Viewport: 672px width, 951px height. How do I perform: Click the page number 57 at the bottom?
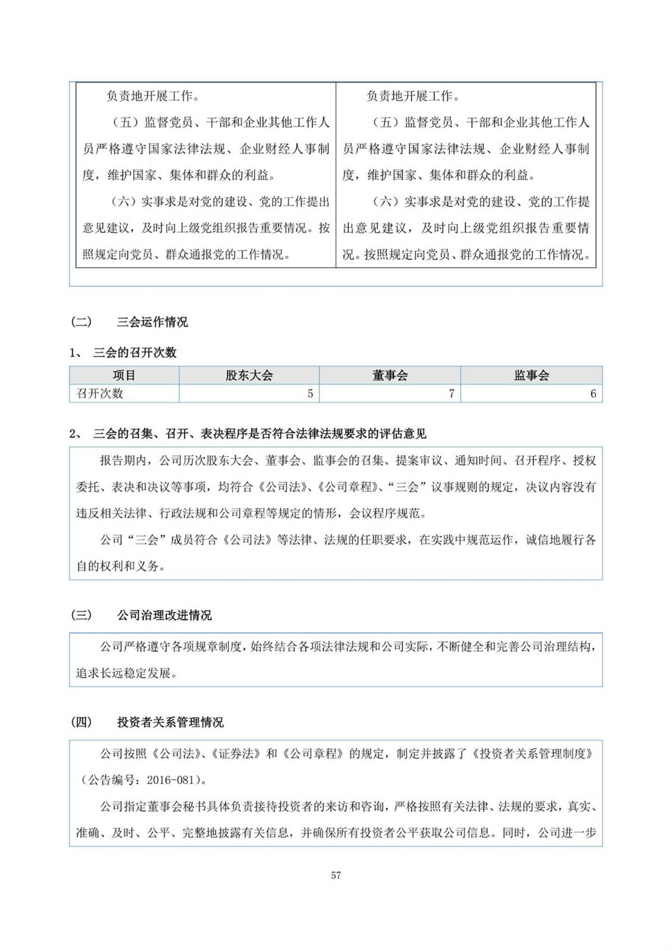[x=336, y=875]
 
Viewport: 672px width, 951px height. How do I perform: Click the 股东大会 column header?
[x=249, y=375]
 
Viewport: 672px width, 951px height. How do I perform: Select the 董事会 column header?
[x=390, y=375]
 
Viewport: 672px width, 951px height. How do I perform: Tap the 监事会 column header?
[x=531, y=375]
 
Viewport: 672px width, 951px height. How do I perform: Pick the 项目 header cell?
[x=124, y=375]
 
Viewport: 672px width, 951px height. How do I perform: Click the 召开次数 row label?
[x=100, y=393]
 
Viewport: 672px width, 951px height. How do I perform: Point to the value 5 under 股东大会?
[x=310, y=393]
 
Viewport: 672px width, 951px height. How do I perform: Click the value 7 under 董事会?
[x=451, y=393]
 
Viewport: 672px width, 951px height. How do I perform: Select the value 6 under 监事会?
[x=593, y=393]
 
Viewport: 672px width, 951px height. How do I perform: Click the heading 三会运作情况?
[x=152, y=322]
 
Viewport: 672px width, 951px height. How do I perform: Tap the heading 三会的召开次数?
[x=135, y=352]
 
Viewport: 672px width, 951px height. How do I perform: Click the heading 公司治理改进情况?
[x=165, y=615]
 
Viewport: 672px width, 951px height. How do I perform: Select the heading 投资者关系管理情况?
[x=170, y=722]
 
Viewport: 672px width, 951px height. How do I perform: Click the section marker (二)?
[x=81, y=322]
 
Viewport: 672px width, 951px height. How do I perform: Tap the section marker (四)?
[x=81, y=722]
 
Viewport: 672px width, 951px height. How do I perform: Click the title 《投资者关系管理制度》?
[x=532, y=754]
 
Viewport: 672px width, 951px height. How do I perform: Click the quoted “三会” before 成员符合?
[x=146, y=540]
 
